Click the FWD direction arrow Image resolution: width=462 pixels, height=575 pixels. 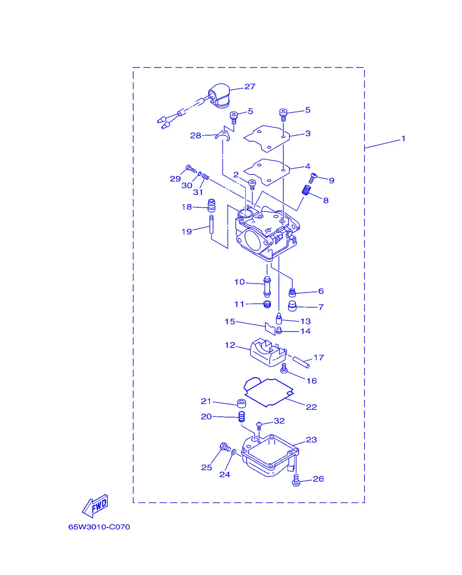[x=95, y=506]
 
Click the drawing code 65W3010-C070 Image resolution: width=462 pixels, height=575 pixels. [x=99, y=527]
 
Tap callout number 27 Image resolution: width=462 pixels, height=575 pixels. [x=250, y=87]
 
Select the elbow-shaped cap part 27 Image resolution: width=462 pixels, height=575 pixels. [x=219, y=96]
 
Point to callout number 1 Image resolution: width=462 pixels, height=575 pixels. [x=403, y=138]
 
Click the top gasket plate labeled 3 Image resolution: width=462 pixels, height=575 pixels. [x=267, y=139]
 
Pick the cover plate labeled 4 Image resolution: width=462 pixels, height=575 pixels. [x=267, y=172]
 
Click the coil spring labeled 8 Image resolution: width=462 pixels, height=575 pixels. [x=306, y=190]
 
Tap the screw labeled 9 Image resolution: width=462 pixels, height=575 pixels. [x=313, y=178]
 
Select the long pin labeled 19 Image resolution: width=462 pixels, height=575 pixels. [x=211, y=224]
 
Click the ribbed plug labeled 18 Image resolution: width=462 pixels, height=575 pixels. [x=211, y=205]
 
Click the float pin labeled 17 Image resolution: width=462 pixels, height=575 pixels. [x=301, y=362]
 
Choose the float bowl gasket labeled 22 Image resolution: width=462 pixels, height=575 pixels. [x=268, y=392]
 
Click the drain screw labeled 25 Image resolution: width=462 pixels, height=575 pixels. [x=225, y=447]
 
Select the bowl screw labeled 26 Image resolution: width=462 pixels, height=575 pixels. [x=296, y=480]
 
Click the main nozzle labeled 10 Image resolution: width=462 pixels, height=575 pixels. [x=267, y=287]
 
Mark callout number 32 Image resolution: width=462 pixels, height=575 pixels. [x=279, y=421]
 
